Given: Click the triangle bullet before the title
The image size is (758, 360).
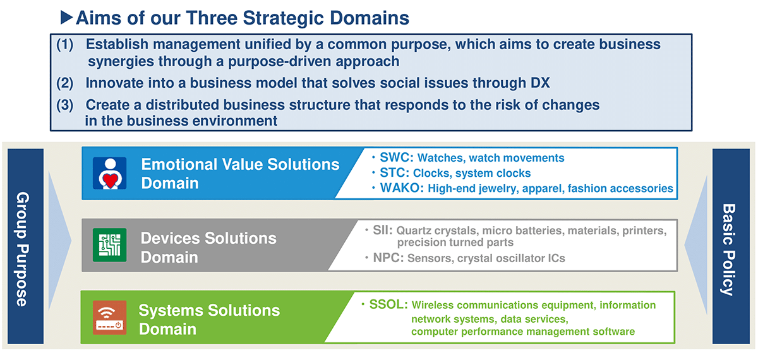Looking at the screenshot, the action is (66, 17).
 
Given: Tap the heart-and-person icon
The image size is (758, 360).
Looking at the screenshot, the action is (110, 173).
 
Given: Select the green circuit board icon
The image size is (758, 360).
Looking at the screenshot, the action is (110, 245).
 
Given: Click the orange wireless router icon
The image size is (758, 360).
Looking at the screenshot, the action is (110, 317).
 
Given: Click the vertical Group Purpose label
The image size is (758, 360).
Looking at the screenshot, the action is (23, 249).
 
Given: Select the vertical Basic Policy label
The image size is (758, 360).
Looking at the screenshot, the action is (728, 249).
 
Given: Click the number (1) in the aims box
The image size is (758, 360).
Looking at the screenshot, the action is (64, 44).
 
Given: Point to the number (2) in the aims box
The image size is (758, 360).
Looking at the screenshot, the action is (64, 83).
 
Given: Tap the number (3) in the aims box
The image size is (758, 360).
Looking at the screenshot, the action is (64, 105).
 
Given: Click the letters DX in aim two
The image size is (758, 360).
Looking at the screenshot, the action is (540, 83).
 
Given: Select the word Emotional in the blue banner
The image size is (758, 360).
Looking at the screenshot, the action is (179, 164).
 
